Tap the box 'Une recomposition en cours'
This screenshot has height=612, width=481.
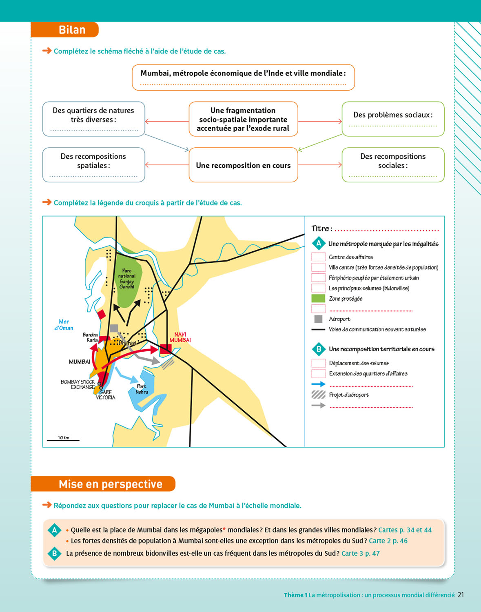[x=243, y=165]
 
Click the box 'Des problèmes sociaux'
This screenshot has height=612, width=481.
[x=393, y=119]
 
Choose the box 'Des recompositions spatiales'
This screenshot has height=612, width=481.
[x=93, y=164]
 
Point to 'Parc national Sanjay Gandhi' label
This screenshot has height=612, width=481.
[x=127, y=279]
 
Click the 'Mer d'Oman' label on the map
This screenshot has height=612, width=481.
[x=64, y=325]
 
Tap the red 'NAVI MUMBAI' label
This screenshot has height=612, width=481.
[x=180, y=337]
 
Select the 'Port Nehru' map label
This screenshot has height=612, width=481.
[x=142, y=389]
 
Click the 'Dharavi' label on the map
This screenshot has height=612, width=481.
[x=127, y=343]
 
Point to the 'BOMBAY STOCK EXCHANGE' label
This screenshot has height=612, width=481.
[x=78, y=384]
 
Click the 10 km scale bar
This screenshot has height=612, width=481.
[x=63, y=440]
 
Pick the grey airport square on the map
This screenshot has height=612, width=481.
[x=114, y=328]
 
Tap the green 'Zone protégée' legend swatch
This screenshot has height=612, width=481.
[x=318, y=299]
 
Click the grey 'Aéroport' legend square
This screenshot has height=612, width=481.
[x=318, y=319]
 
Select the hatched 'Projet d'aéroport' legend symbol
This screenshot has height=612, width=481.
[x=318, y=395]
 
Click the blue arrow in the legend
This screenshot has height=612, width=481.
[x=318, y=384]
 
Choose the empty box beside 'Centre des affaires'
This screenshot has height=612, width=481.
[x=318, y=257]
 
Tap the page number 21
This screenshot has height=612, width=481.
[x=461, y=595]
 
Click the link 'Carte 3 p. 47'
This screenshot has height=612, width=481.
[x=360, y=553]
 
